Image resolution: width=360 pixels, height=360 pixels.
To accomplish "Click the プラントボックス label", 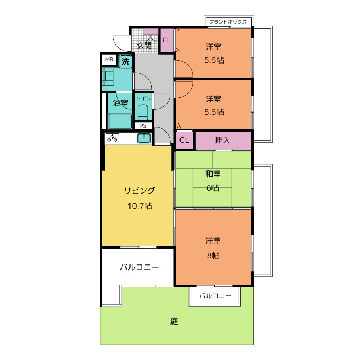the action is click(228, 22).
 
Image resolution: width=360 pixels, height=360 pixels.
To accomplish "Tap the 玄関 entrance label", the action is click(144, 46).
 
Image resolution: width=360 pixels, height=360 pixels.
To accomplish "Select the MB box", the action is click(109, 60).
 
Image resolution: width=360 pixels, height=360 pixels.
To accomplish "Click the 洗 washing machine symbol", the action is click(125, 61).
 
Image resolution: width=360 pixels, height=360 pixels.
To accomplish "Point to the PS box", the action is click(143, 126).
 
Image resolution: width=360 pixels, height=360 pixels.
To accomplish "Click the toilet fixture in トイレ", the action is click(143, 112).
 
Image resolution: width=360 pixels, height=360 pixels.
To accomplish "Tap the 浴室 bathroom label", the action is click(120, 102).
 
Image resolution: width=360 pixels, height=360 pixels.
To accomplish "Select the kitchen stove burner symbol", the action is click(112, 138).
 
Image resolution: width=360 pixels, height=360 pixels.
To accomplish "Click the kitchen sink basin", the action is click(144, 138).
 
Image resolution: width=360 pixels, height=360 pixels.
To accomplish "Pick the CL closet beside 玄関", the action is click(166, 40).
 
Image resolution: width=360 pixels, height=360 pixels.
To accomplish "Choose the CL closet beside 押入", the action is click(184, 140).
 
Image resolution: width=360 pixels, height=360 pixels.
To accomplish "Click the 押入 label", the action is click(222, 140).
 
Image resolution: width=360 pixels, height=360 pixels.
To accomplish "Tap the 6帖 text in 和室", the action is click(213, 188).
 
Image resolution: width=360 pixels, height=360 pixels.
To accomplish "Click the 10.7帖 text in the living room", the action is click(139, 206).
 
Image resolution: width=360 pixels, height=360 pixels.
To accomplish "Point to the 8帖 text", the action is click(213, 255).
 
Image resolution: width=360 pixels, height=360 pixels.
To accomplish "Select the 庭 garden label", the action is click(174, 321).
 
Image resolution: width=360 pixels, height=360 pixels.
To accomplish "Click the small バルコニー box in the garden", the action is click(215, 296).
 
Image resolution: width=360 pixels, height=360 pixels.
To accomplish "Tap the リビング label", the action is click(139, 190).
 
